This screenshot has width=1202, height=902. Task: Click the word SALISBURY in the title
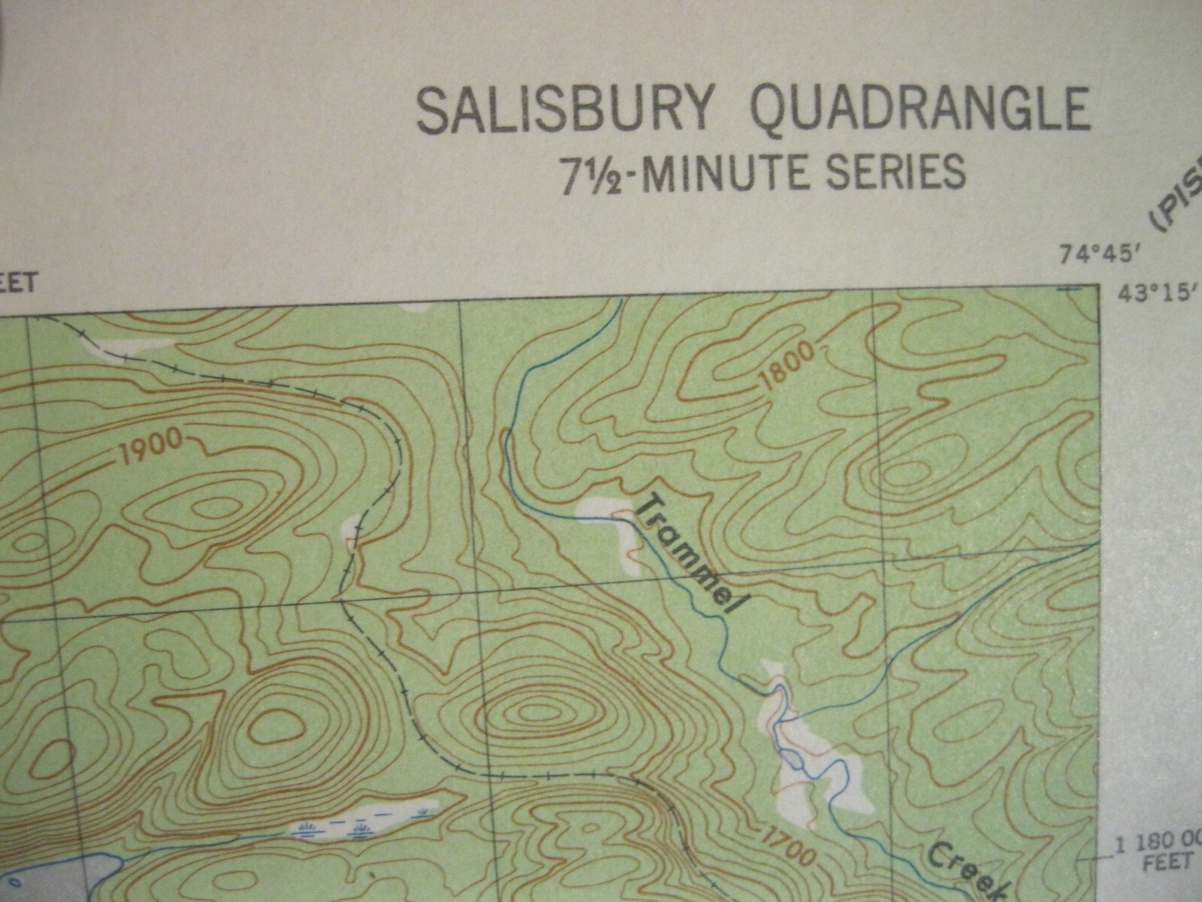563,110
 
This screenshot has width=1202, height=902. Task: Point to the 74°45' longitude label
1101,256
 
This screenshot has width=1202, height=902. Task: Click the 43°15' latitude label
1153,293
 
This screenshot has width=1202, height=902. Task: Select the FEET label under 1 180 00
1168,861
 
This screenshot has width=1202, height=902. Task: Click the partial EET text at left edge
18,283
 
